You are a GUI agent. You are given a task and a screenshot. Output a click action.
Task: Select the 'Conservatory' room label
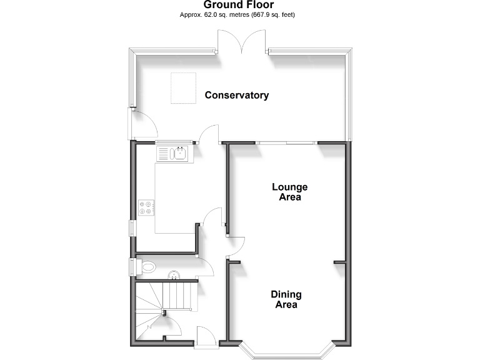point(237,96)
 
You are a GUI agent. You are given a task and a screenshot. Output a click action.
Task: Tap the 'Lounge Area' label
point(289,192)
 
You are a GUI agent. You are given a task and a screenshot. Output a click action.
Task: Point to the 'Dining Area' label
point(286,300)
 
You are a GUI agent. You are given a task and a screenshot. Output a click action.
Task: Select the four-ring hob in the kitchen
point(146,207)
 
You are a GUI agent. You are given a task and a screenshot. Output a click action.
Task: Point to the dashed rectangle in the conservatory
point(183,87)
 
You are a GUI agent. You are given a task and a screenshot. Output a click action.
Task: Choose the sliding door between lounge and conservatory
point(285,143)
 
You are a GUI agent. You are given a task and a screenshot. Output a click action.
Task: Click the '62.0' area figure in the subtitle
point(211,14)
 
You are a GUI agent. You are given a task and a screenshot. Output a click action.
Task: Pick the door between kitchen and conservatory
point(209,134)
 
